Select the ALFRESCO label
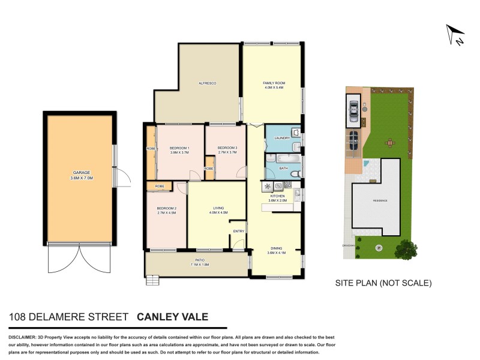point(207,82)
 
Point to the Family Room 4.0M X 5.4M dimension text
point(273,88)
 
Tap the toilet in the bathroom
point(295,173)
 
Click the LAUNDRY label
point(281,138)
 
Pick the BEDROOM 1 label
point(179,148)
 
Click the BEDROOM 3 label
point(227,148)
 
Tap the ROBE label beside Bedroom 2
point(160,187)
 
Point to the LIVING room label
point(218,209)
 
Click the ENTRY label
point(238,231)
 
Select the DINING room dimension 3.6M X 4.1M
point(276,253)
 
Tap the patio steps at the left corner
point(154,279)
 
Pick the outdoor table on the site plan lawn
point(390,143)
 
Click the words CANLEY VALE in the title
point(173,317)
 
